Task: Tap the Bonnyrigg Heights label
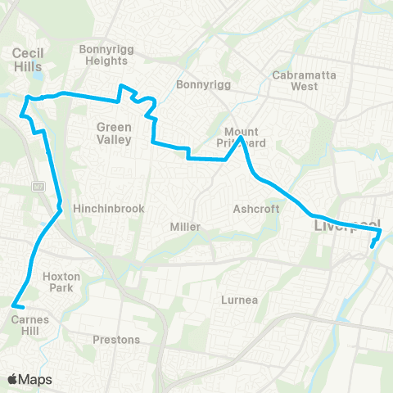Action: (x=104, y=55)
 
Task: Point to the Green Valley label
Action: (x=114, y=133)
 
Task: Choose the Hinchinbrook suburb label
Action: (x=109, y=209)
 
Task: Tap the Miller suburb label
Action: (x=185, y=226)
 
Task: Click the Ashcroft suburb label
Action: (x=256, y=209)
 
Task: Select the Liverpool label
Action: (x=347, y=224)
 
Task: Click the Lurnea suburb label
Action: (x=240, y=300)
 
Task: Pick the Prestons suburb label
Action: (x=117, y=339)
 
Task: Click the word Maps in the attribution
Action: (x=36, y=379)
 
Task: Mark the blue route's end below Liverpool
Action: (x=372, y=246)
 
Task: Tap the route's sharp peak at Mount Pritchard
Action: (x=241, y=139)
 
